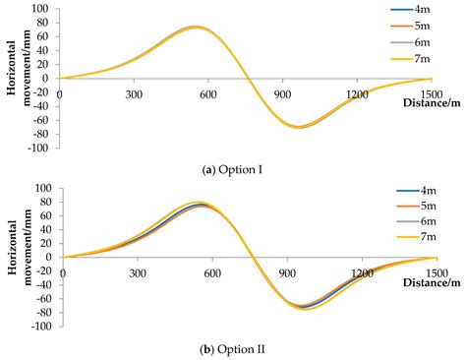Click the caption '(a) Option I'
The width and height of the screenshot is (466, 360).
click(233, 169)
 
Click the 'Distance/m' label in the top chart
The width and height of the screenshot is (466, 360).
click(429, 102)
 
